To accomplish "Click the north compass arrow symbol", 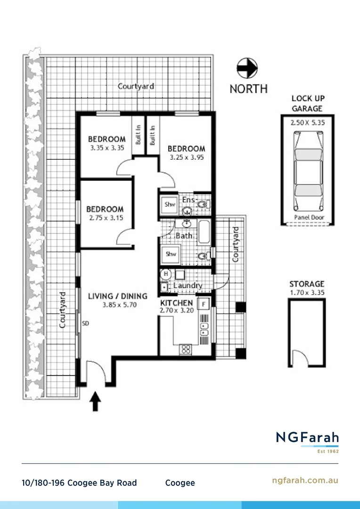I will pyautogui.click(x=247, y=68).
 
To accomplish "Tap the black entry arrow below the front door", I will pyautogui.click(x=96, y=402).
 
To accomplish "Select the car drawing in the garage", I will pyautogui.click(x=308, y=171).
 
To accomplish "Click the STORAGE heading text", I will pyautogui.click(x=307, y=284).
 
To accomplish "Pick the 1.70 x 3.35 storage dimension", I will pyautogui.click(x=307, y=293).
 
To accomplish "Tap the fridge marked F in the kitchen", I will pyautogui.click(x=204, y=304).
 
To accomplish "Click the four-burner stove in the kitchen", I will pyautogui.click(x=186, y=349).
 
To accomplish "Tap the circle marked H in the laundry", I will pyautogui.click(x=165, y=274).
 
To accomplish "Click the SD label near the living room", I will pyautogui.click(x=86, y=324).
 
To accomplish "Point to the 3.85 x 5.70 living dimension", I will pyautogui.click(x=118, y=305).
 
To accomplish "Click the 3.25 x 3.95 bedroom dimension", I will pyautogui.click(x=186, y=157).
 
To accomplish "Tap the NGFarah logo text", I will pyautogui.click(x=307, y=437).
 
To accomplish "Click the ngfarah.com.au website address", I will pyautogui.click(x=305, y=480).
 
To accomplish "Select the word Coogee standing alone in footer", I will pyautogui.click(x=180, y=483).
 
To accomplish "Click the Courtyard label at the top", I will pyautogui.click(x=136, y=86).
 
